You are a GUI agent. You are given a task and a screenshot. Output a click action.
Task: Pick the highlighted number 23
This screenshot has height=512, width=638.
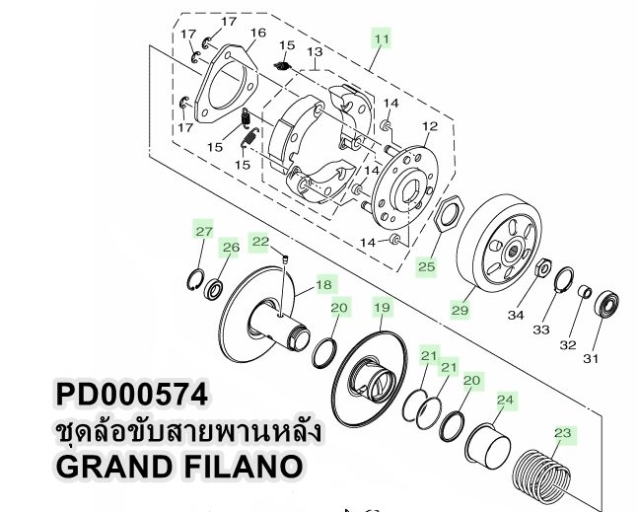point(563,432)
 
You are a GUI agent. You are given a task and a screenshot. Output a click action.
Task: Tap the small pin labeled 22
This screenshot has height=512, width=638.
point(283,259)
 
